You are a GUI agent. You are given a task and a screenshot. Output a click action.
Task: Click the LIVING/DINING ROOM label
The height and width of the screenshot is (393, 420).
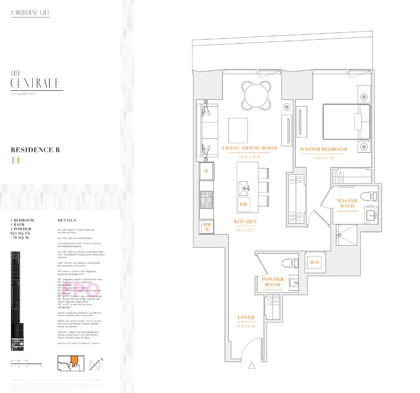(x=250, y=148)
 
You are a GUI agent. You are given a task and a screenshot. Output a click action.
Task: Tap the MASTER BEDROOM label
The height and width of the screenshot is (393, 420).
(x=323, y=149)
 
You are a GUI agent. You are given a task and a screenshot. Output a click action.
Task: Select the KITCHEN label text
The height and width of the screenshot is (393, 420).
(x=246, y=222)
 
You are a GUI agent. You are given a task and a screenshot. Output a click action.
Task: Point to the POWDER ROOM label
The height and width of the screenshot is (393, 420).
(x=272, y=282)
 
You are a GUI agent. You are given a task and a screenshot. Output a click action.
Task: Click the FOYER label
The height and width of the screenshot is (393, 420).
(x=246, y=317)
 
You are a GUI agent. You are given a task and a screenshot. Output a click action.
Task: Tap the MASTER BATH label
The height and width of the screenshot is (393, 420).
(x=347, y=203)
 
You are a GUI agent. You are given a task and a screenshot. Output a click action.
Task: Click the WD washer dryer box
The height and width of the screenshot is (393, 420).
(x=314, y=262)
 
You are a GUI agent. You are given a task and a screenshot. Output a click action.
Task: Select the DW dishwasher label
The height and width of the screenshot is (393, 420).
(x=244, y=204)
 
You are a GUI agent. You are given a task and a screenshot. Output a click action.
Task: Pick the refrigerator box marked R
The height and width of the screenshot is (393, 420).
(x=206, y=171)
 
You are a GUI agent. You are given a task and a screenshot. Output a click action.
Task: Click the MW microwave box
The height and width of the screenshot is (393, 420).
(x=206, y=227)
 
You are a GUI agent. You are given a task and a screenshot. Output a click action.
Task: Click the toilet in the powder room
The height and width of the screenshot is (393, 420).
(x=287, y=263)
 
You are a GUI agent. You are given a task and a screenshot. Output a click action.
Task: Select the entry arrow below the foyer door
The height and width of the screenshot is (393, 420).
(x=252, y=366)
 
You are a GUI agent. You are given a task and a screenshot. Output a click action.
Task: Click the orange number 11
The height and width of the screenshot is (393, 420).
(x=15, y=160)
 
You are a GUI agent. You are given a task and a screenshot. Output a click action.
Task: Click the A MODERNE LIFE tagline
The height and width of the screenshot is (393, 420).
(x=30, y=12)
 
